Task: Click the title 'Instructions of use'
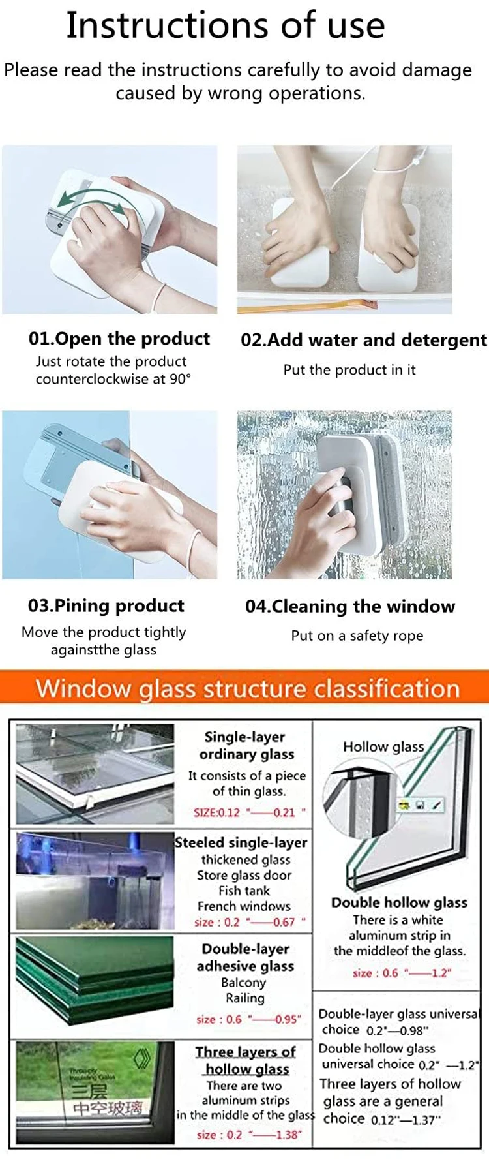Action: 226,26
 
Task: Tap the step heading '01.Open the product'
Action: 119,339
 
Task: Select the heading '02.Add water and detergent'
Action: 363,340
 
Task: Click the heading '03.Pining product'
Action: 106,605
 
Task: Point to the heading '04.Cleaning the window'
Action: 350,606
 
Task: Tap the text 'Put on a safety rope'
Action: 357,636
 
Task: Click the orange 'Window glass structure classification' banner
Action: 247,688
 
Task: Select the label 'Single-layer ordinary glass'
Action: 246,745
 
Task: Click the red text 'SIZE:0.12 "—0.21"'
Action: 249,812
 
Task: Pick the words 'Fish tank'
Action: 244,891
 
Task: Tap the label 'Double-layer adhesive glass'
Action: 246,957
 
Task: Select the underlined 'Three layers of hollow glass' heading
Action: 246,1060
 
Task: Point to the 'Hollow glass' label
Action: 383,746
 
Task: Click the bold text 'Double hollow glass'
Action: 399,902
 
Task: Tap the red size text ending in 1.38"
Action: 249,1135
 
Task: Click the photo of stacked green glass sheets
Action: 95,979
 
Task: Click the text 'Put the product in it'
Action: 349,370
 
